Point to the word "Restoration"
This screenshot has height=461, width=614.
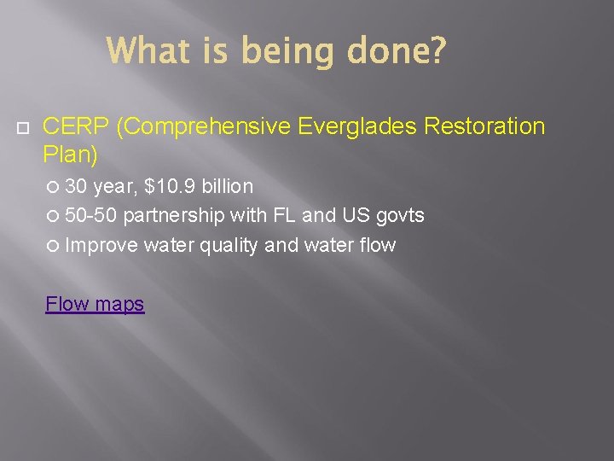(484, 127)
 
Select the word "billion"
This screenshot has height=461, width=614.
(227, 186)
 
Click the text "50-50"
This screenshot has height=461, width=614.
(91, 215)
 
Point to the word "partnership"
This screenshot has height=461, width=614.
(173, 215)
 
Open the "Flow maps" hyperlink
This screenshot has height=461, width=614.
(95, 303)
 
